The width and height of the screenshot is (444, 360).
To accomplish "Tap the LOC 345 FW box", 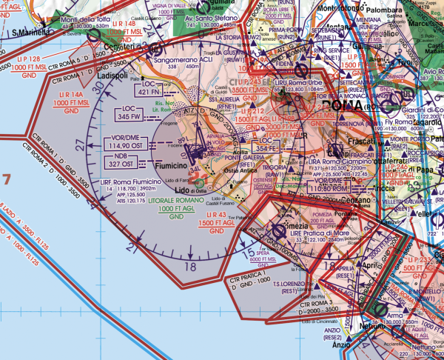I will click(x=130, y=113).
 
